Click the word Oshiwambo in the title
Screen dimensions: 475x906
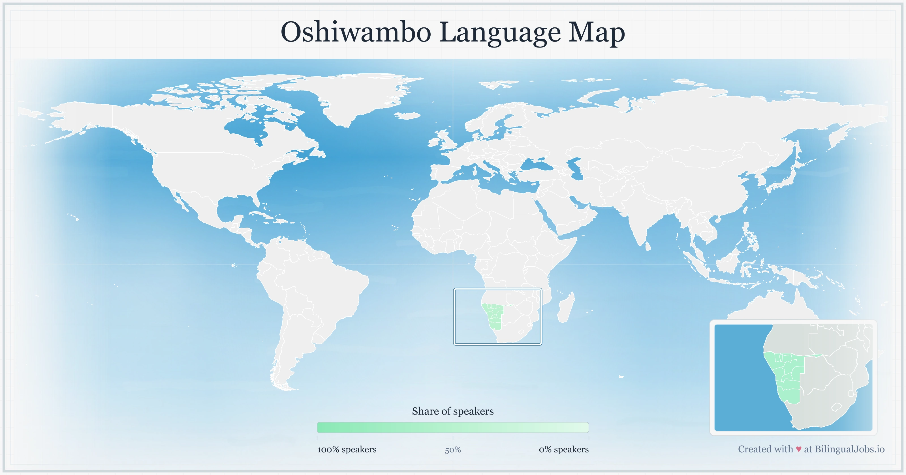click(x=356, y=32)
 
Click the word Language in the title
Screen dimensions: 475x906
click(x=500, y=32)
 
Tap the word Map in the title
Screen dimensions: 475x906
click(x=597, y=32)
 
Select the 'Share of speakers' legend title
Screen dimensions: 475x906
click(x=453, y=411)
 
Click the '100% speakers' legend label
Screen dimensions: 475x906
click(x=347, y=449)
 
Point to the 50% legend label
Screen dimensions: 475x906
click(x=453, y=450)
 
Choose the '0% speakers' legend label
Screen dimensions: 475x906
click(x=563, y=449)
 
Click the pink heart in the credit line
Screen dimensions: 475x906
click(x=798, y=449)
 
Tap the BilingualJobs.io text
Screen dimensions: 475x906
click(x=849, y=449)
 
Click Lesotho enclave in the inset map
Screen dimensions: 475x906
click(x=836, y=407)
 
